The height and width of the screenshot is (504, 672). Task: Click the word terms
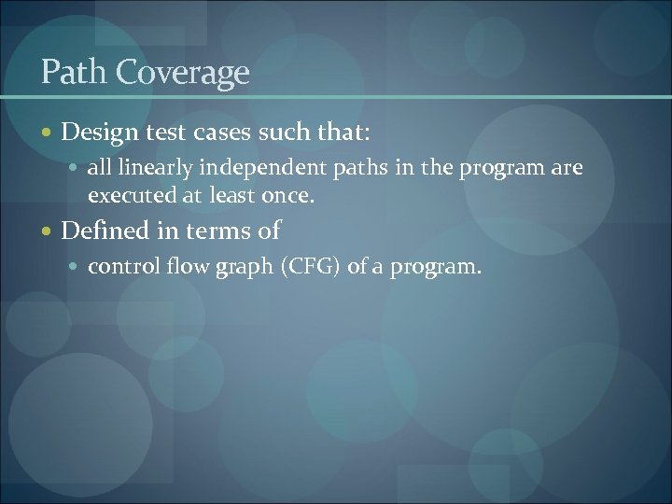tap(220, 231)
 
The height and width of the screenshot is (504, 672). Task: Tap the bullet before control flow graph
tap(76, 268)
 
